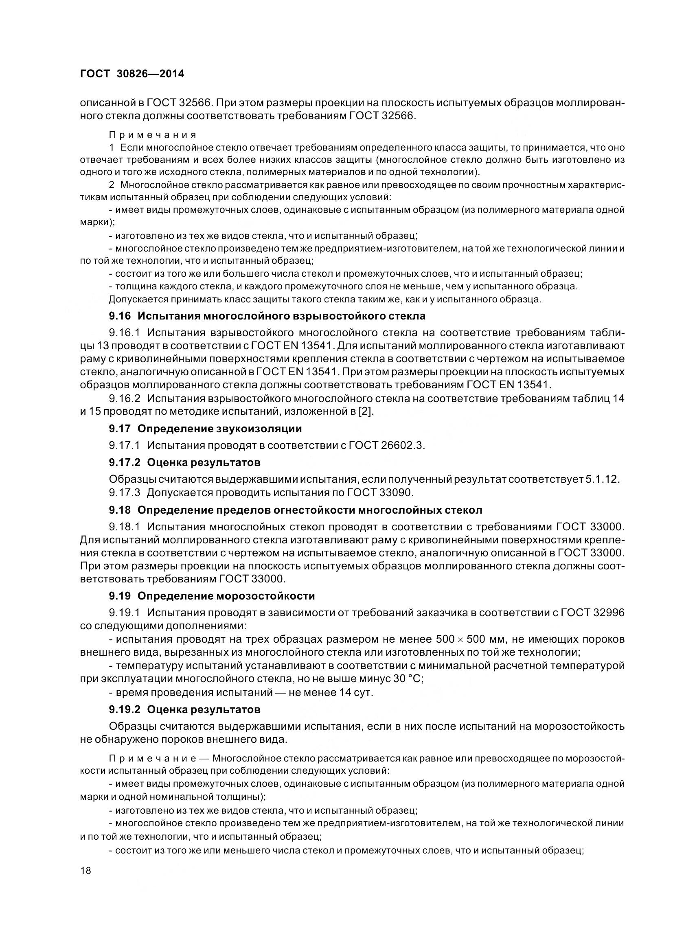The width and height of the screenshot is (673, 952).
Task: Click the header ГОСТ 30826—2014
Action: tap(132, 74)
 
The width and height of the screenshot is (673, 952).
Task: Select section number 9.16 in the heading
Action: tap(120, 316)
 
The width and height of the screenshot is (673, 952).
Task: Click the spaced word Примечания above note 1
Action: tap(153, 135)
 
